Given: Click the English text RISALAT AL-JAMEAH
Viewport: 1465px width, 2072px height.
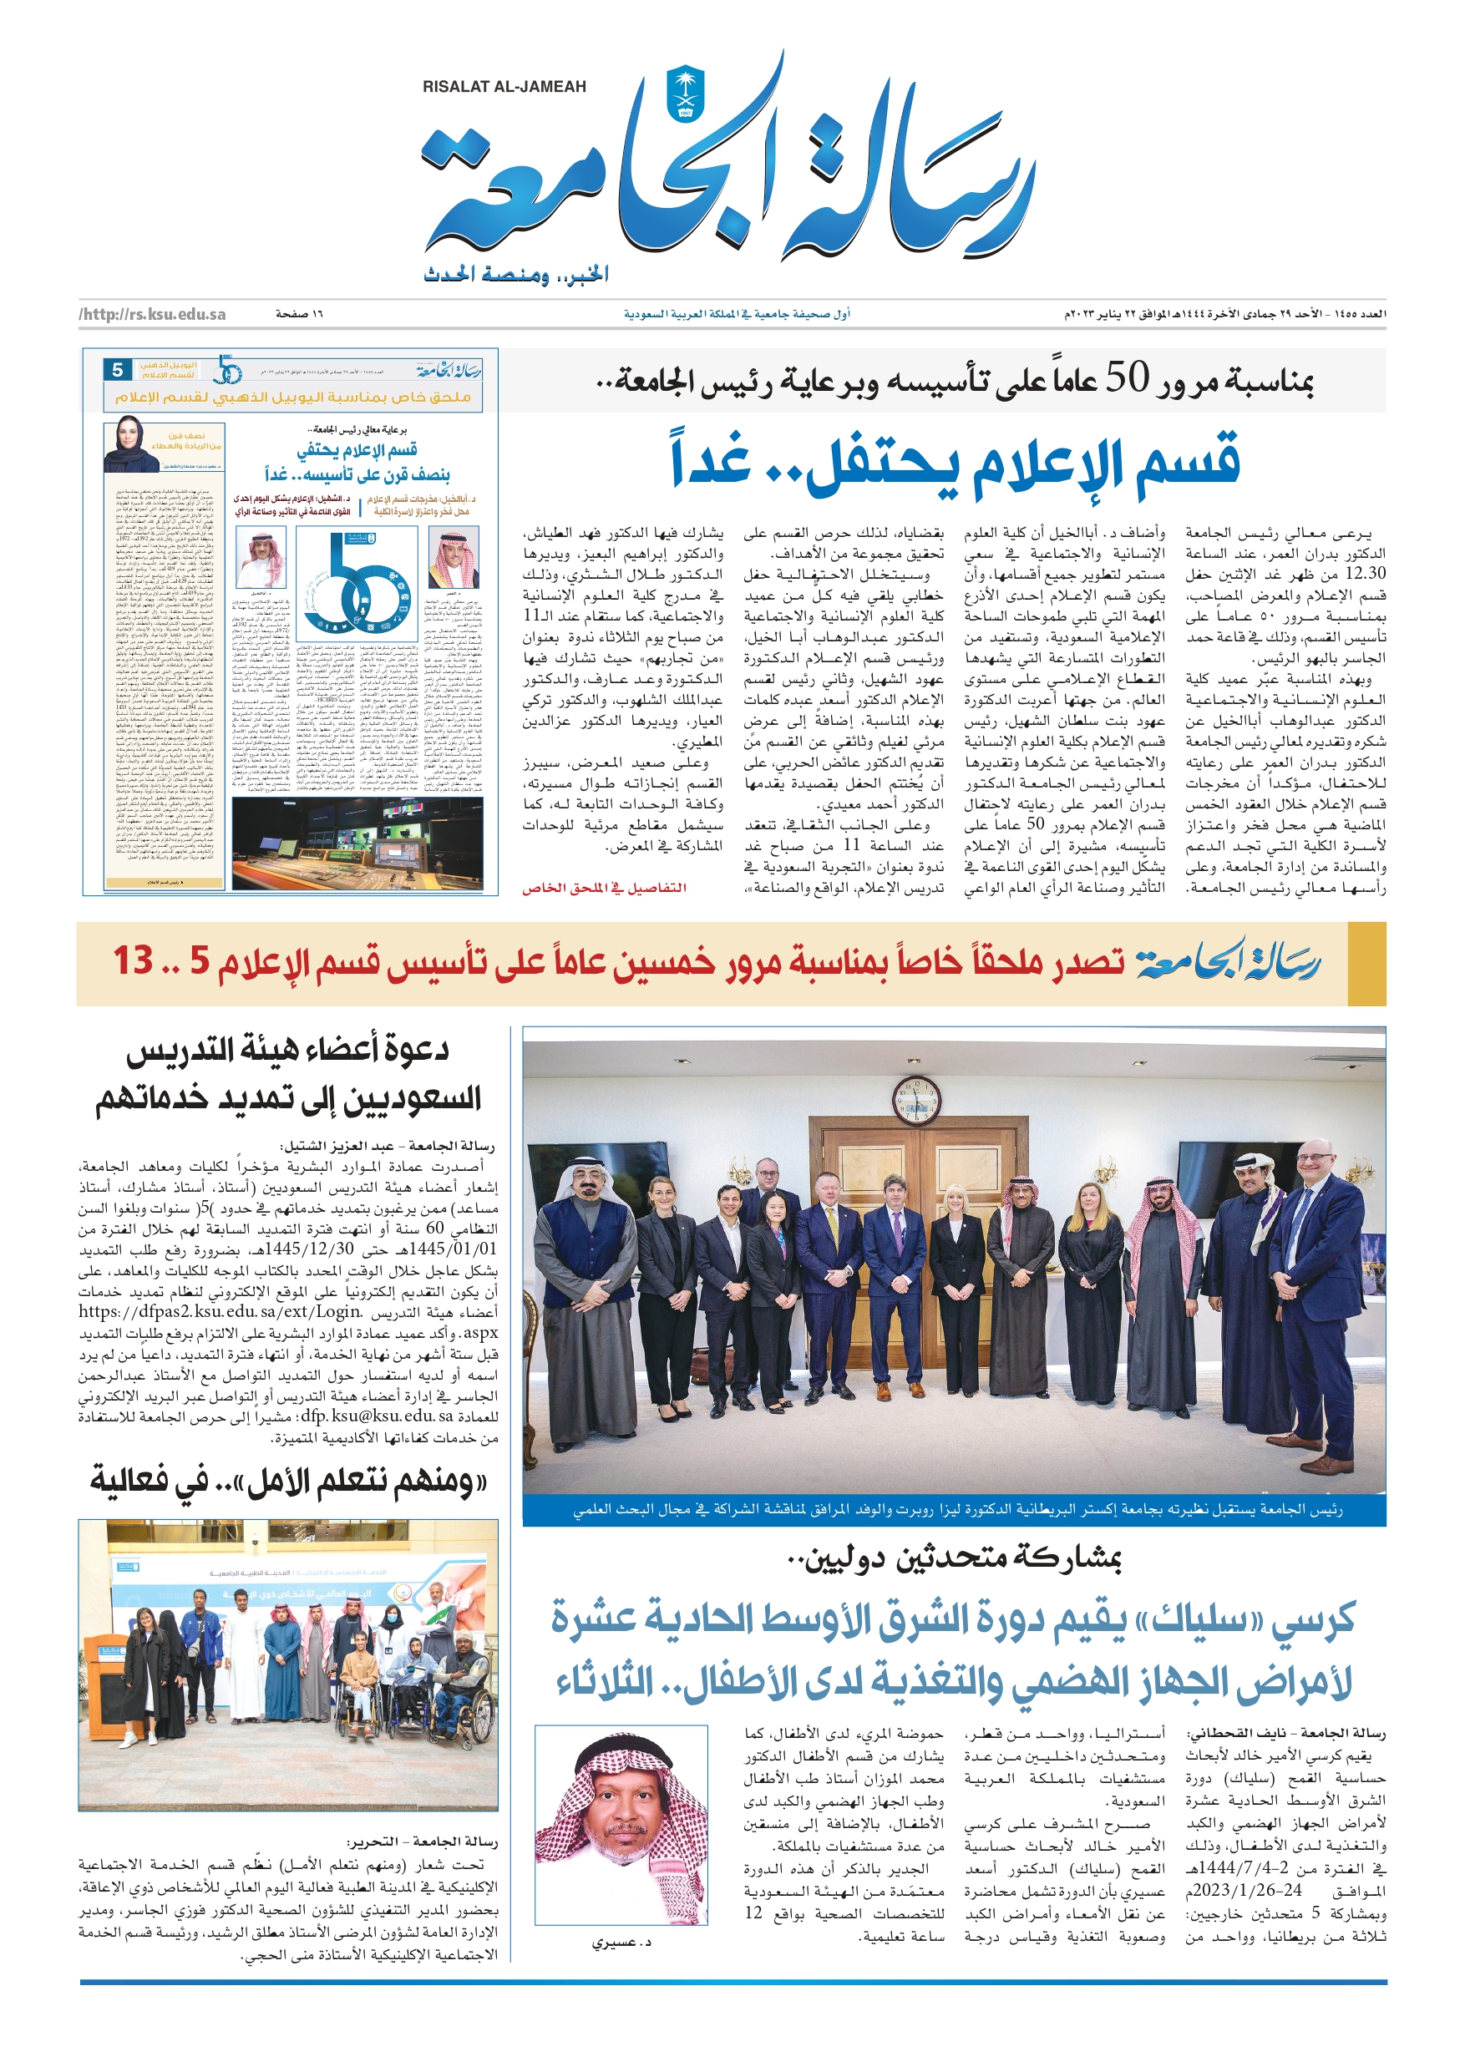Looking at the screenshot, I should tap(504, 88).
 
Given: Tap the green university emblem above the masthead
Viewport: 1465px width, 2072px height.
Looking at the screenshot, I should tap(684, 94).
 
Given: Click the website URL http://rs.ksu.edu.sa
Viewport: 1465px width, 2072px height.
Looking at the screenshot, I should tap(153, 314).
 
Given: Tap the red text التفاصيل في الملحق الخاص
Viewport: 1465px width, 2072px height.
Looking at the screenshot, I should tap(604, 888).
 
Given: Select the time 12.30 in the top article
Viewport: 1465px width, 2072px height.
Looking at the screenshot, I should tap(1365, 574).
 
